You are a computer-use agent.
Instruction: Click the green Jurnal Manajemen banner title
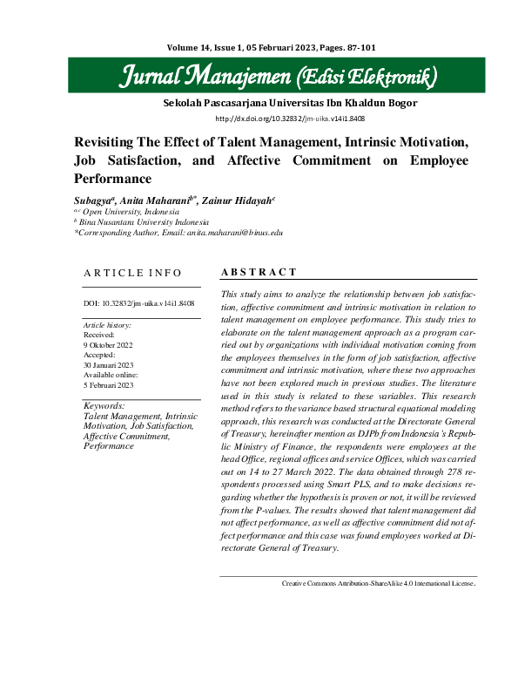click(x=278, y=78)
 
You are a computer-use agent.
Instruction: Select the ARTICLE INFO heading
click(x=133, y=273)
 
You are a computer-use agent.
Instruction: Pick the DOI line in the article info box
click(x=138, y=304)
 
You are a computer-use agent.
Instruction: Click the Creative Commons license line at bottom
click(x=377, y=582)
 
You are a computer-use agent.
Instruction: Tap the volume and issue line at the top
click(x=258, y=47)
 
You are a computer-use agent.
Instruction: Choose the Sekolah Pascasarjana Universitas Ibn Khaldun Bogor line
click(x=290, y=103)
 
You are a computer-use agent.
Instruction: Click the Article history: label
click(x=107, y=325)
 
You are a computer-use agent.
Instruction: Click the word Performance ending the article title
click(x=113, y=179)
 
